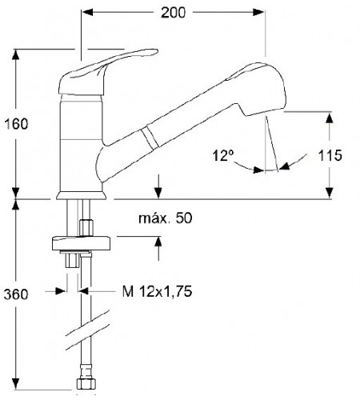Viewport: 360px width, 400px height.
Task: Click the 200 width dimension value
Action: coord(173,13)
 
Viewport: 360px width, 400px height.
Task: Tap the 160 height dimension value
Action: coord(16,124)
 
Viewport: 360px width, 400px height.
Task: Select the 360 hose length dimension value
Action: coord(16,294)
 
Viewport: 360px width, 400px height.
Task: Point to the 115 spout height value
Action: coord(330,155)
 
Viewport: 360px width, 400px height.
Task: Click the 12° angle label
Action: coord(223,155)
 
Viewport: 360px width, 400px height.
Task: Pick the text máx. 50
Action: coord(166,218)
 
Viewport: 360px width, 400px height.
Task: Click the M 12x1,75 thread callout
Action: coord(157,291)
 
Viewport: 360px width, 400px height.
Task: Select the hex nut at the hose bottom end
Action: coord(86,384)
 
